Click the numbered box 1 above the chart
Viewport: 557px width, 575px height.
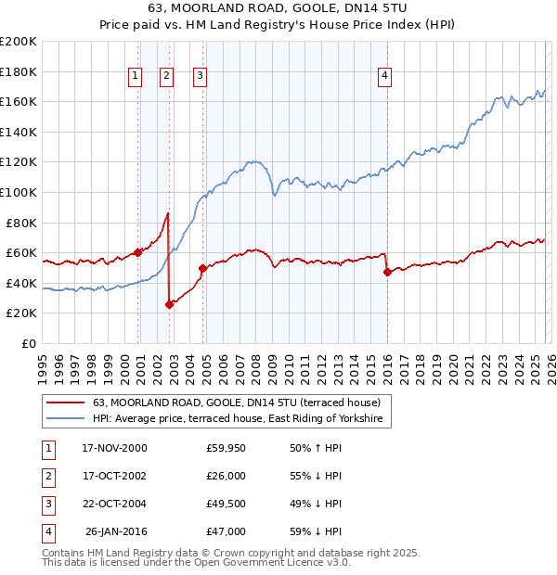coord(136,76)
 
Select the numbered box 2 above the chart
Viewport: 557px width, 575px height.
coord(166,76)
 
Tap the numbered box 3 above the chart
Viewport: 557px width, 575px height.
coord(200,76)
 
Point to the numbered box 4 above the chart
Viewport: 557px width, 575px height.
coord(383,76)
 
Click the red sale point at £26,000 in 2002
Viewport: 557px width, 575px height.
coord(170,304)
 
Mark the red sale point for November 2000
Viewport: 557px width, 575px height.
coord(138,252)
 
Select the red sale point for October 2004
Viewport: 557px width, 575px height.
coord(202,268)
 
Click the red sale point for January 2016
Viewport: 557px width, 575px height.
coord(387,272)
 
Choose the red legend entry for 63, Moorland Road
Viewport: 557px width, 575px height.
coord(241,402)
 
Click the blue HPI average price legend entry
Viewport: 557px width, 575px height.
coord(241,419)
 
